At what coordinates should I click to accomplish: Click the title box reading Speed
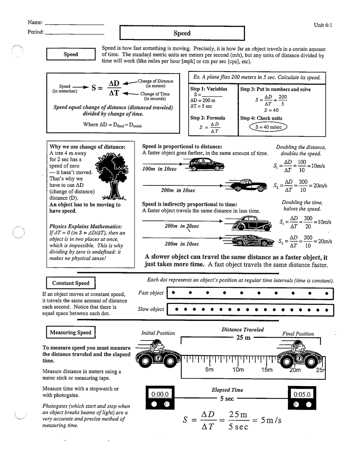point(182,33)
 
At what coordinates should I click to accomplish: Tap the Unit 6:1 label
point(323,25)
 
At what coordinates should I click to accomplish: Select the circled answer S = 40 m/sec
point(268,127)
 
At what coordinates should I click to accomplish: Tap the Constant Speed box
point(71,283)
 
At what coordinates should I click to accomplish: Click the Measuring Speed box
point(71,332)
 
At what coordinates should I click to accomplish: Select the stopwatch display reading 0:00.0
point(160,394)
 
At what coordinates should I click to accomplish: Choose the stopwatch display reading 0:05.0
point(302,394)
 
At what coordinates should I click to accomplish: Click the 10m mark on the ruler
point(238,370)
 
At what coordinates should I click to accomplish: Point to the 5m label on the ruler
point(209,370)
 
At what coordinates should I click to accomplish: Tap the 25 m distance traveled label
point(243,338)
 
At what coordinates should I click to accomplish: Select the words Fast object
point(151,293)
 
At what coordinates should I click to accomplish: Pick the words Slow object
point(151,309)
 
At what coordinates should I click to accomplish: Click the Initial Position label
point(158,333)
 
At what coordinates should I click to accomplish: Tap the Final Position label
point(298,334)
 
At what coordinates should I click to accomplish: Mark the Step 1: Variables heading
point(208,89)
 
